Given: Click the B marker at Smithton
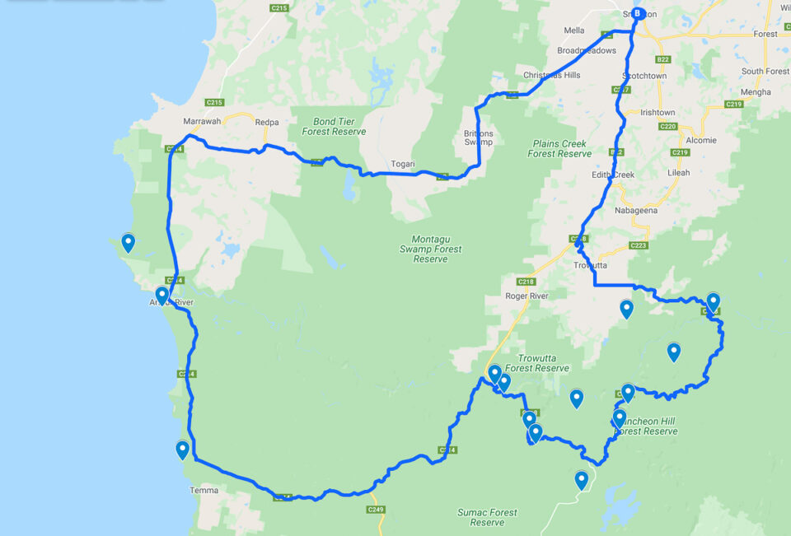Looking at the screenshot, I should click(x=636, y=13).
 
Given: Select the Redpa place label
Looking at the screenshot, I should click(x=267, y=122).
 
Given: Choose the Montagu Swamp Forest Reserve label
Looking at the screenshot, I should click(x=430, y=249).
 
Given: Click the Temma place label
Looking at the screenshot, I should click(x=204, y=490).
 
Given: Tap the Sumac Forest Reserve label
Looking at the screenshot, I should click(x=487, y=517).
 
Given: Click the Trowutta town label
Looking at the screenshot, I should click(x=590, y=265).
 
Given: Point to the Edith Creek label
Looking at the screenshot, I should click(x=613, y=175).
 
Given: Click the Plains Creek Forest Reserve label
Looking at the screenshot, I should click(x=559, y=148).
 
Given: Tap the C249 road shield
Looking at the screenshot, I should click(x=375, y=510).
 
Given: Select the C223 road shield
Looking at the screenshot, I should click(x=638, y=245).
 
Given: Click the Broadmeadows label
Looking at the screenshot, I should click(x=586, y=50).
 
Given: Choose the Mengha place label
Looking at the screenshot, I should click(x=756, y=91).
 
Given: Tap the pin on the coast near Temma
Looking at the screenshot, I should click(x=182, y=450).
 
